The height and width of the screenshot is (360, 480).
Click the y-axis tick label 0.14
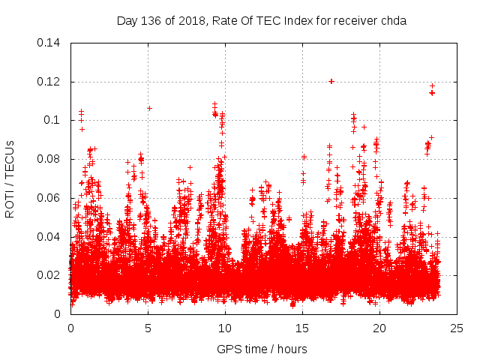(x=50, y=43)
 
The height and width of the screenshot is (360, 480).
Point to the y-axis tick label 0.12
(x=50, y=82)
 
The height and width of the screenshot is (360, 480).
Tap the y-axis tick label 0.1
(x=53, y=120)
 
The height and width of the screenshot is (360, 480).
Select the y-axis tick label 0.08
(x=50, y=159)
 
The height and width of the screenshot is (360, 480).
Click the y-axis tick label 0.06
(x=50, y=198)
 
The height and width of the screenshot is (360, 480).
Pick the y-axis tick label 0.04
(x=50, y=237)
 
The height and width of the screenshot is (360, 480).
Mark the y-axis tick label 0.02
(x=50, y=275)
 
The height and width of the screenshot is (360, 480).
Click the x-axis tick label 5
(x=148, y=328)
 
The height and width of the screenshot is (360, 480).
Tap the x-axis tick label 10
(x=225, y=328)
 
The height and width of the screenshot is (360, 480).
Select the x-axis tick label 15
(x=302, y=328)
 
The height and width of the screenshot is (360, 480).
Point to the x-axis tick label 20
(x=379, y=328)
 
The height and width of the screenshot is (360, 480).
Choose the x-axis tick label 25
(x=457, y=328)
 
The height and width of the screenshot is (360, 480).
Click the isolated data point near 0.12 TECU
(x=331, y=81)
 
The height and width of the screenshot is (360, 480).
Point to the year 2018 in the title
(x=191, y=21)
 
